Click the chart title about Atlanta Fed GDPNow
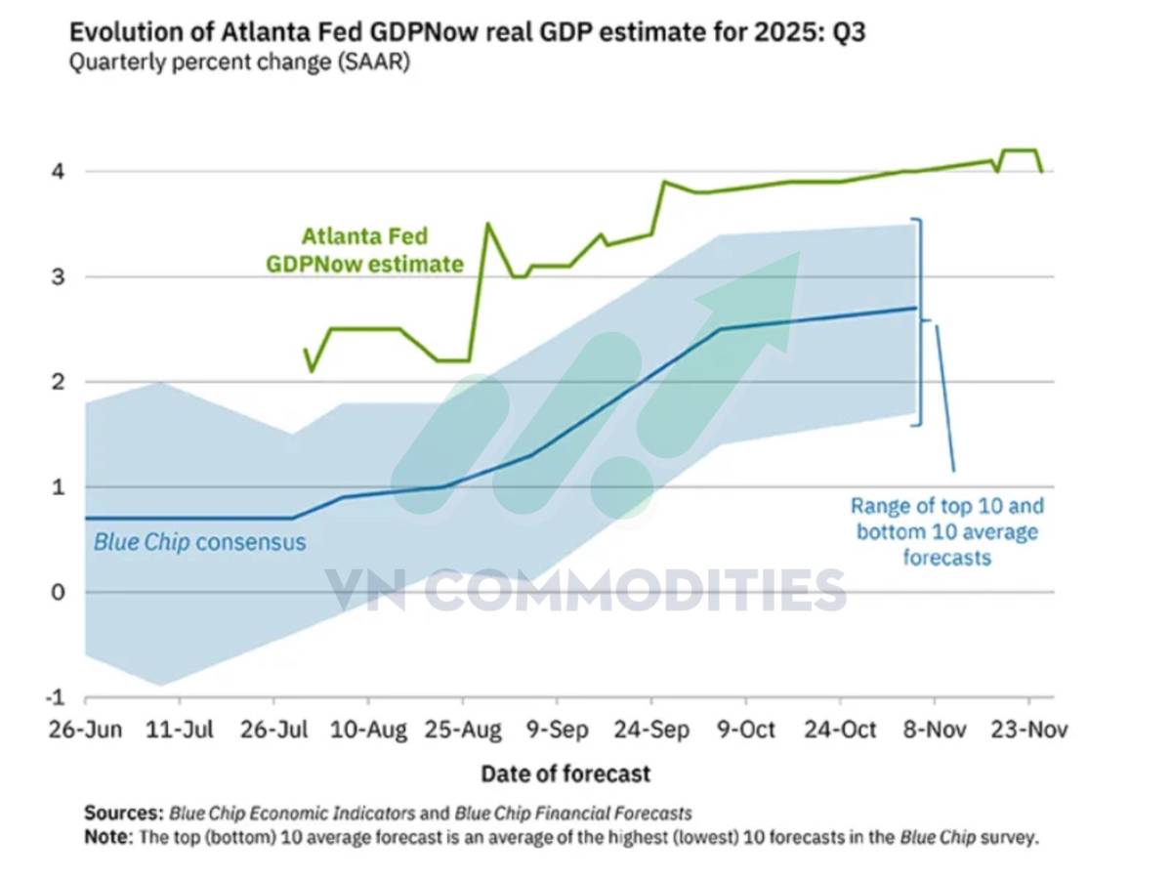click(467, 32)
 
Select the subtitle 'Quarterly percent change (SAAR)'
click(239, 64)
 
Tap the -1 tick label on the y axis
click(57, 697)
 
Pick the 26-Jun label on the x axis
click(86, 731)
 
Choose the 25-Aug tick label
click(463, 731)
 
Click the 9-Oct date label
click(747, 731)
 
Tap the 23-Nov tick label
click(1028, 731)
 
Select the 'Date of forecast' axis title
click(565, 774)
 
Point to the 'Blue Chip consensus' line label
click(199, 542)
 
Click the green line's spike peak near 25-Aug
click(488, 225)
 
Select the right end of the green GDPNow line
click(1041, 172)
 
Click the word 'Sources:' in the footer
click(123, 813)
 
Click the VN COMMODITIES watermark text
click(586, 589)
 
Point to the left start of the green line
click(305, 350)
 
